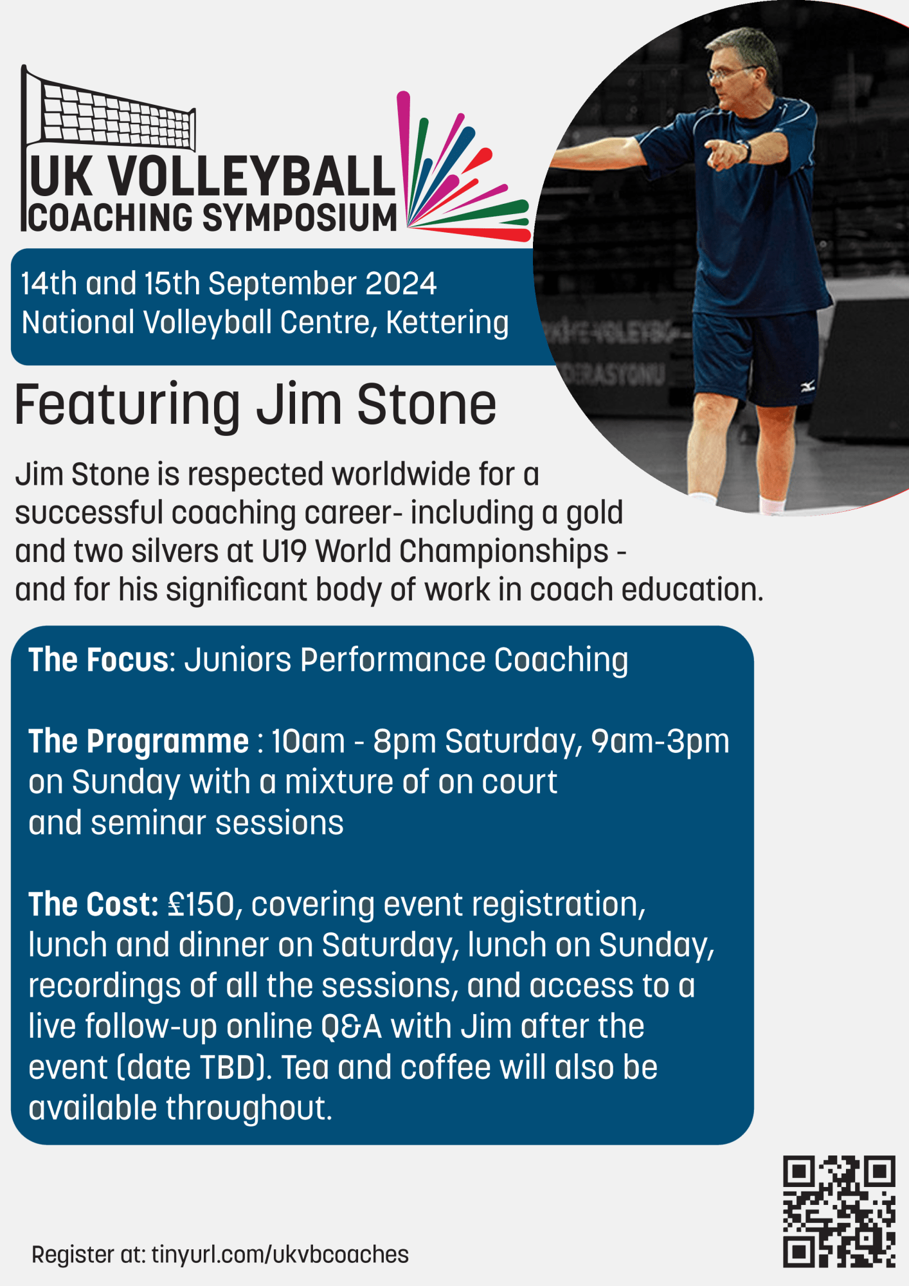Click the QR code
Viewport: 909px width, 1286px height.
tap(839, 1211)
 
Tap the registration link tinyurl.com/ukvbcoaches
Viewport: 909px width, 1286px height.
tap(280, 1254)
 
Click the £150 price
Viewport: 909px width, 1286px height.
tap(202, 904)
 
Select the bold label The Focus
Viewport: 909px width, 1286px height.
tap(98, 660)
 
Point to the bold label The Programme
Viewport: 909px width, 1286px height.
tap(138, 741)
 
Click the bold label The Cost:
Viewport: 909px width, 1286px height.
tap(94, 904)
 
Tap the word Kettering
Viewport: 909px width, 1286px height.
tap(447, 323)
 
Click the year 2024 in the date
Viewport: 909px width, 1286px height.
tap(401, 284)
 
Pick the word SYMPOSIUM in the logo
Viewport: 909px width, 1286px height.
tap(300, 217)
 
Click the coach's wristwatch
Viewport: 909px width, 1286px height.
tap(746, 150)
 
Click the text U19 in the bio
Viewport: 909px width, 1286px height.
tap(285, 552)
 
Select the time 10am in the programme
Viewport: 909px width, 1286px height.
tap(308, 741)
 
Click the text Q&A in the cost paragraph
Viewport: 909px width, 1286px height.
tap(352, 1026)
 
